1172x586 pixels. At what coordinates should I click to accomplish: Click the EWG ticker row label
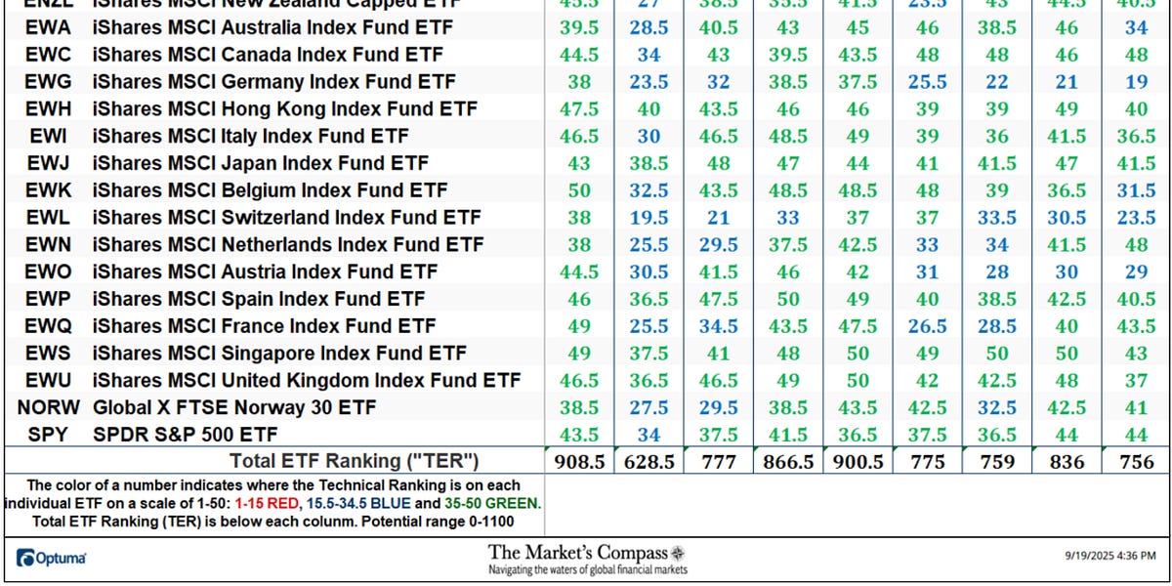[46, 81]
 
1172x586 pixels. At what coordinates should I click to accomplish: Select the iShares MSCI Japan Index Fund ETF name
[261, 163]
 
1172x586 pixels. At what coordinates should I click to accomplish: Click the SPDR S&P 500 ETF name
[185, 434]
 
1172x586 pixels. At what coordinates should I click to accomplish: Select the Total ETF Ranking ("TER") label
[354, 461]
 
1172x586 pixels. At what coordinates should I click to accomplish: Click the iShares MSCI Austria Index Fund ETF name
[265, 272]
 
